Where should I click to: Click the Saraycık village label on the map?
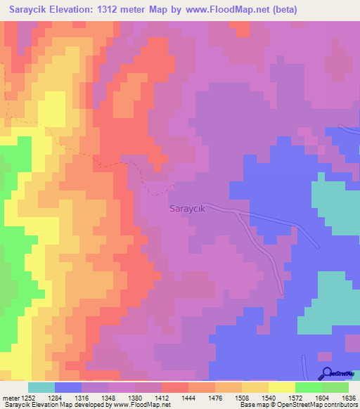click(x=188, y=209)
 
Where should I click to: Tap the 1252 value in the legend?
click(x=27, y=397)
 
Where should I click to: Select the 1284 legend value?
click(x=54, y=397)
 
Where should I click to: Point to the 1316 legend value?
click(x=82, y=397)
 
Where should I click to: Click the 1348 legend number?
click(x=108, y=397)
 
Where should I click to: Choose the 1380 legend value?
click(x=135, y=397)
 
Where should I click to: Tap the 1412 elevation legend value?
click(x=162, y=397)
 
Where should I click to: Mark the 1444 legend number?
click(x=188, y=397)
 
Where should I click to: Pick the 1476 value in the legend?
click(x=215, y=397)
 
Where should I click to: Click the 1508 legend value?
click(x=242, y=397)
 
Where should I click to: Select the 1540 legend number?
click(x=269, y=397)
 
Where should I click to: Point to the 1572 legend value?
click(x=295, y=397)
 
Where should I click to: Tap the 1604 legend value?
click(x=322, y=397)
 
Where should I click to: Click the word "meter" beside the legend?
click(x=11, y=397)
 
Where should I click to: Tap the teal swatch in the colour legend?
click(x=41, y=387)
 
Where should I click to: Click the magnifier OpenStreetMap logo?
click(x=326, y=374)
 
